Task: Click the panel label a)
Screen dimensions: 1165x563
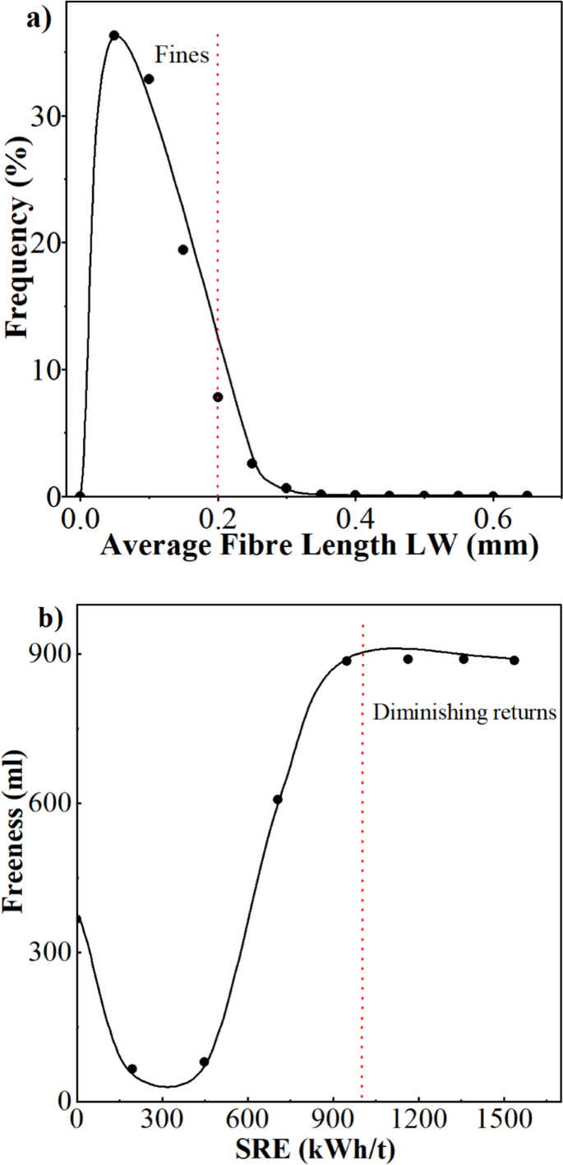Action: (x=39, y=19)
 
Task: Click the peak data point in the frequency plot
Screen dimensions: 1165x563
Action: (x=114, y=35)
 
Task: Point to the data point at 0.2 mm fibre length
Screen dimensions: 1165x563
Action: (x=218, y=397)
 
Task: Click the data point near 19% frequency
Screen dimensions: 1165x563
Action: (x=183, y=250)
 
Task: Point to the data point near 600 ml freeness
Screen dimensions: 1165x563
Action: (x=278, y=799)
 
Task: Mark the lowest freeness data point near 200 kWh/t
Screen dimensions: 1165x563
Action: (x=132, y=1069)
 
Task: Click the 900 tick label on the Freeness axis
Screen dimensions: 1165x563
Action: (x=51, y=654)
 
